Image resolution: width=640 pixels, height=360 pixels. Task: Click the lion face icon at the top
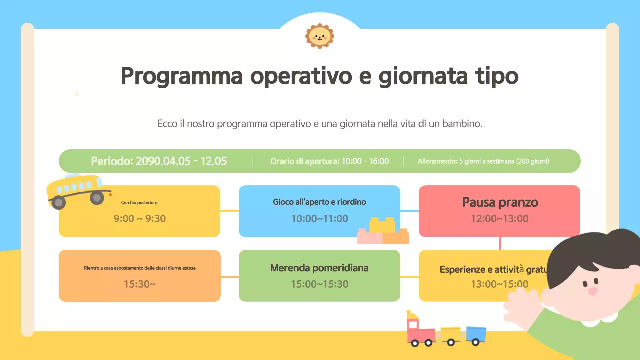point(320,36)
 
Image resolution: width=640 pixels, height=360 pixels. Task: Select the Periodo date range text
point(159,161)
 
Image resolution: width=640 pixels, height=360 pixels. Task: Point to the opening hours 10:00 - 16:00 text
point(329,161)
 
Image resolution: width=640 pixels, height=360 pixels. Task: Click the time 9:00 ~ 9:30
point(140,218)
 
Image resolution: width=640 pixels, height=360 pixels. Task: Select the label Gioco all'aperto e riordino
point(319,202)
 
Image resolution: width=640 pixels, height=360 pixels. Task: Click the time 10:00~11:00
point(319,218)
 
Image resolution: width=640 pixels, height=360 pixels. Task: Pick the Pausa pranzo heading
point(500,202)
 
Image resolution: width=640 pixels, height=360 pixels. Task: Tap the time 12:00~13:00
point(499,218)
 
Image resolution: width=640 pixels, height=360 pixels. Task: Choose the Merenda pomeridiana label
point(319,268)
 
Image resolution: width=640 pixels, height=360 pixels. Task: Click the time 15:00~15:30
point(319,284)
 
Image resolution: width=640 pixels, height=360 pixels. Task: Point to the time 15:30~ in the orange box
point(140,284)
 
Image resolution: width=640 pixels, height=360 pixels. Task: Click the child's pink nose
point(592,290)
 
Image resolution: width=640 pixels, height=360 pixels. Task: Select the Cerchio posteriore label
point(139,202)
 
